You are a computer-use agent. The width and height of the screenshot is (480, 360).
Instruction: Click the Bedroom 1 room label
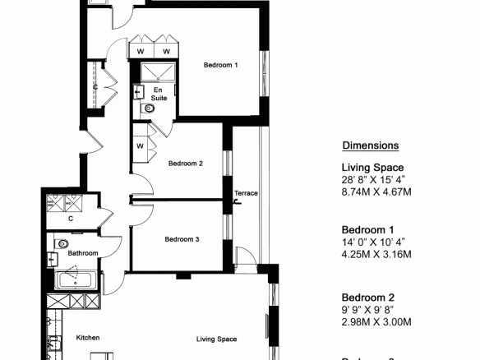click(220, 65)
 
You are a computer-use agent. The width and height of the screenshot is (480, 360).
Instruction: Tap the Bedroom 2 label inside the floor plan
click(186, 164)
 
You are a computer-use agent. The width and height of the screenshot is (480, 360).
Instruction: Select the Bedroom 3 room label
click(182, 239)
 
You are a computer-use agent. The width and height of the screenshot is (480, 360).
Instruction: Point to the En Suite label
click(159, 94)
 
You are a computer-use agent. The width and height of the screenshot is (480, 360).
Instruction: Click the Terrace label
click(246, 193)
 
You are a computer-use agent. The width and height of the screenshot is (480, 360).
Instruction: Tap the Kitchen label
click(88, 338)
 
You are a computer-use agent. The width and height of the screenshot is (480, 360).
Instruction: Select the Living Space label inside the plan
click(216, 339)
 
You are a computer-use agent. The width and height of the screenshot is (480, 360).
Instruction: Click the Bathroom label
click(83, 253)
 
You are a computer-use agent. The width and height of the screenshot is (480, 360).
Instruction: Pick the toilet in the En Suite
click(148, 108)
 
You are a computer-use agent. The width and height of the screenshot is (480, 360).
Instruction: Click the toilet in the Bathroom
click(61, 244)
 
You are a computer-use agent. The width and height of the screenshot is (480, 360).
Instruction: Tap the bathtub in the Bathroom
click(76, 279)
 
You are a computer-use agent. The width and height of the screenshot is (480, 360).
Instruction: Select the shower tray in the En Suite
click(158, 72)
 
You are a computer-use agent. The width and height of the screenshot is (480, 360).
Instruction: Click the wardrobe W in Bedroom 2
click(140, 146)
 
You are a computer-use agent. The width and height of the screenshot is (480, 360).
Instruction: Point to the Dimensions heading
click(371, 145)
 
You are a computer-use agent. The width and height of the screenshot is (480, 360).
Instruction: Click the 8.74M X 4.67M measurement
click(376, 192)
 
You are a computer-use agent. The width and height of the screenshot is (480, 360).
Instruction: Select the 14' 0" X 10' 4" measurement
click(373, 242)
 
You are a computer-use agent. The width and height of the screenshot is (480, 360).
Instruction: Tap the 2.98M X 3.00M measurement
click(376, 322)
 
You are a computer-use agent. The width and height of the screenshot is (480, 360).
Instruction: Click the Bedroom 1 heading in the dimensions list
click(367, 230)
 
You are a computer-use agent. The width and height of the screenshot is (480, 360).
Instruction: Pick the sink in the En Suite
click(139, 92)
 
